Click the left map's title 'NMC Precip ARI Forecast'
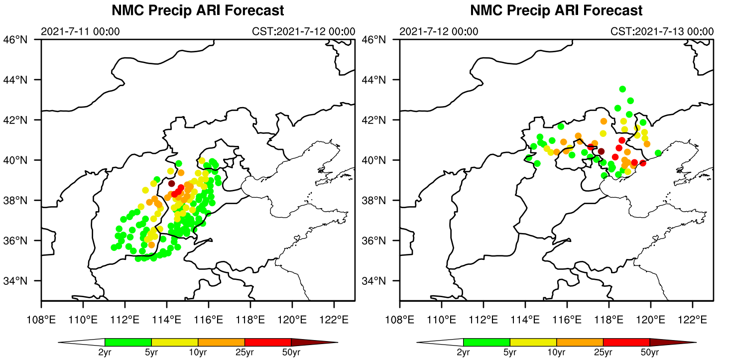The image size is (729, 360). pyautogui.click(x=198, y=10)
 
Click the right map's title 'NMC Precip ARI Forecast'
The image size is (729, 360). pyautogui.click(x=556, y=10)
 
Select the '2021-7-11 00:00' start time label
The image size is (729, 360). pyautogui.click(x=80, y=31)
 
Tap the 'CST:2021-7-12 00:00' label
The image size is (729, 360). pyautogui.click(x=304, y=31)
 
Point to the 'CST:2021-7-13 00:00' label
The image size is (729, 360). pyautogui.click(x=662, y=31)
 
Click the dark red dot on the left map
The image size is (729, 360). pyautogui.click(x=172, y=183)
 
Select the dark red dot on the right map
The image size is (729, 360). pyautogui.click(x=601, y=151)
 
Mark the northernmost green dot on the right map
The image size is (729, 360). pyautogui.click(x=622, y=89)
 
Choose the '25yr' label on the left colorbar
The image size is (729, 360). pyautogui.click(x=244, y=353)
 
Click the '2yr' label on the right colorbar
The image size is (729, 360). pyautogui.click(x=463, y=353)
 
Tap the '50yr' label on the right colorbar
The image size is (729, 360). pyautogui.click(x=650, y=353)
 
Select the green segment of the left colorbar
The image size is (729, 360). pyautogui.click(x=128, y=342)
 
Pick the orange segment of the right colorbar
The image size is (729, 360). pyautogui.click(x=580, y=342)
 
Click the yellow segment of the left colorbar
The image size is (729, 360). pyautogui.click(x=175, y=342)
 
